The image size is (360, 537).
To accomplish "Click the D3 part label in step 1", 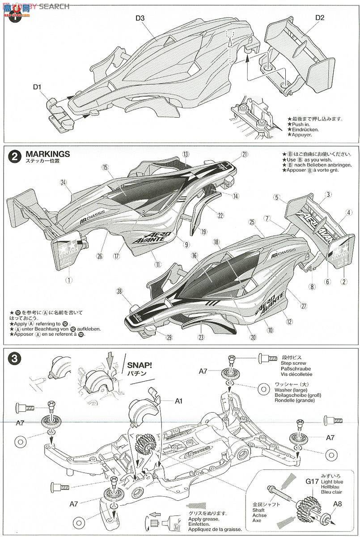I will [140, 18].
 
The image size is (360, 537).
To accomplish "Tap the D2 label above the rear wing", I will [319, 17].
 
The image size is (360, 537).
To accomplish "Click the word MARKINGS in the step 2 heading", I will [48, 154].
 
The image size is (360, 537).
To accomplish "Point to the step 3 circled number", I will [15, 358].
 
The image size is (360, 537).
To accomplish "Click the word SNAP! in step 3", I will [140, 365].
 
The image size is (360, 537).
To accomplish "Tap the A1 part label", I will [179, 401].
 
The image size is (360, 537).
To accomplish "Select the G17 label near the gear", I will [312, 482].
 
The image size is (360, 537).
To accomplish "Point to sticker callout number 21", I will [244, 154].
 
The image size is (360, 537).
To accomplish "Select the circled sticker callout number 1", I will [68, 280].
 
